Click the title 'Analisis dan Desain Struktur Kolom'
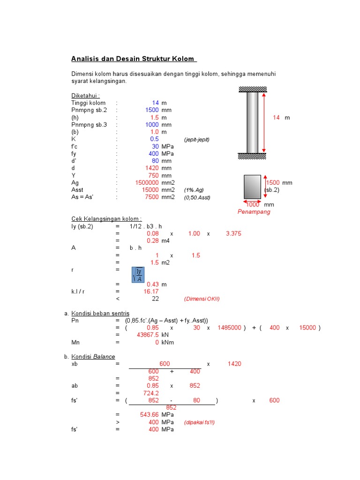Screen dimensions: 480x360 click(x=134, y=59)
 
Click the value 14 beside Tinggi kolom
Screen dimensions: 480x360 click(x=156, y=103)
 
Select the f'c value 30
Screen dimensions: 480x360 click(x=156, y=146)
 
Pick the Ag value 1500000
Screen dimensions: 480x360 click(x=146, y=182)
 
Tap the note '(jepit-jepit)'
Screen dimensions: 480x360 click(x=197, y=140)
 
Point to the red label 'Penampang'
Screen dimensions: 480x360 click(x=254, y=212)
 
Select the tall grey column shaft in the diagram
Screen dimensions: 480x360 click(x=253, y=122)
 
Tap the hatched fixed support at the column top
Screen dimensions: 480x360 click(x=253, y=89)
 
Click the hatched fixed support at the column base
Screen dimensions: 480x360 click(x=253, y=156)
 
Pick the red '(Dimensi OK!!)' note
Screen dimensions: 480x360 click(x=202, y=299)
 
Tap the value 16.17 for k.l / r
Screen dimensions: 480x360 click(x=151, y=291)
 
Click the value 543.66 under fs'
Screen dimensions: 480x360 click(x=150, y=415)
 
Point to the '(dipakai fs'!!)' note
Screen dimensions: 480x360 click(x=199, y=422)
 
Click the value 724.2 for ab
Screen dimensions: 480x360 click(x=151, y=393)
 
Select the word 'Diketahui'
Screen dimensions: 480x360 click(x=85, y=96)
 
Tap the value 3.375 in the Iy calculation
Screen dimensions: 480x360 click(x=233, y=233)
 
